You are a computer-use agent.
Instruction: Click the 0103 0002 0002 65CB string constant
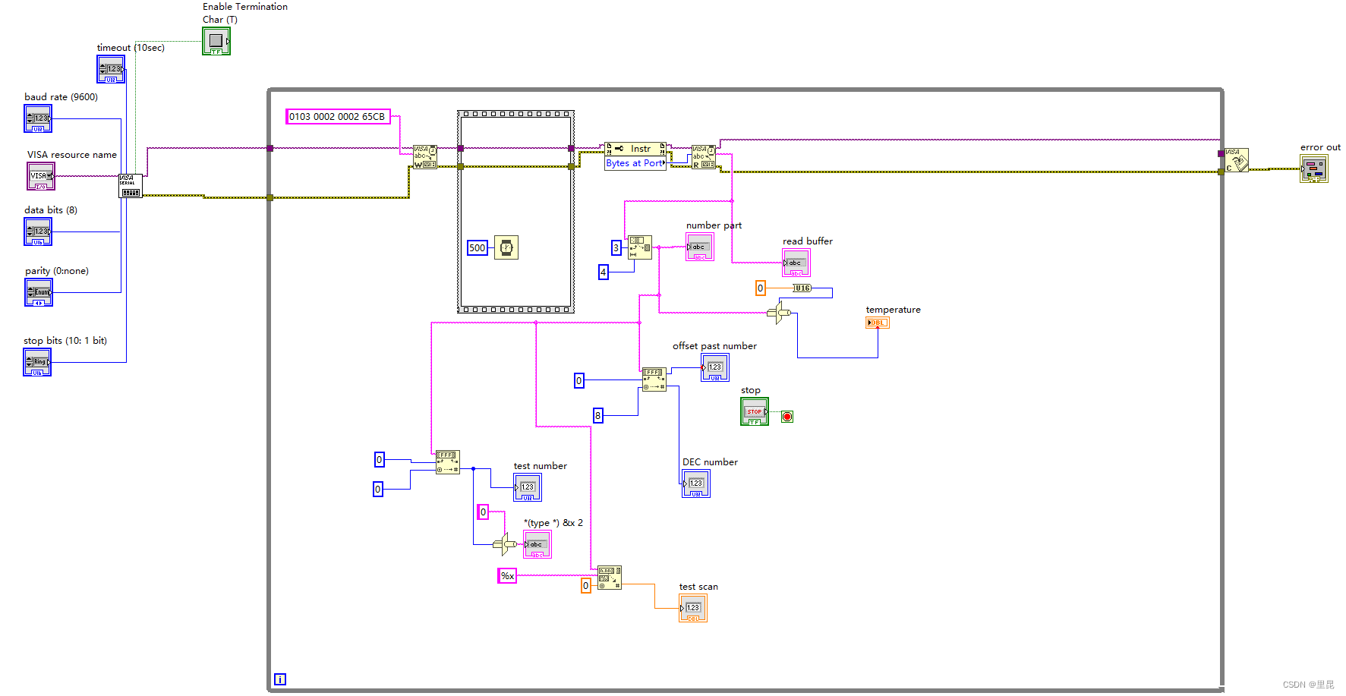pos(337,116)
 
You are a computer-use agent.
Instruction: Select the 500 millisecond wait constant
pos(477,248)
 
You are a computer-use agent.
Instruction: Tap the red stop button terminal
pos(787,417)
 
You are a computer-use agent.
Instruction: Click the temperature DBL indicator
pos(877,323)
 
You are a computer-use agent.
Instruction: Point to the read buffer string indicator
pos(796,263)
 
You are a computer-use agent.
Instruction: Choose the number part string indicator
pos(699,247)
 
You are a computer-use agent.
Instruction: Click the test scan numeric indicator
pos(692,608)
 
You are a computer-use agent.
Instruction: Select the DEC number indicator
pos(695,483)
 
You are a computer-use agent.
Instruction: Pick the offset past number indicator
pos(714,367)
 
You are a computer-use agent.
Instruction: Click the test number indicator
pos(527,487)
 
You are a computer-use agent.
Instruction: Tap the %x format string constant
pos(507,576)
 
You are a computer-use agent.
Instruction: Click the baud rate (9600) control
pos(38,119)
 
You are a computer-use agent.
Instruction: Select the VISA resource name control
pos(41,176)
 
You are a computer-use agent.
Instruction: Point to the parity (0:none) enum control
pos(39,292)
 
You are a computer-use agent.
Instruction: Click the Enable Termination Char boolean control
pos(216,41)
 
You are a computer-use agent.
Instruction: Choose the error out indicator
pos(1313,169)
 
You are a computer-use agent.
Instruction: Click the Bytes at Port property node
pos(635,163)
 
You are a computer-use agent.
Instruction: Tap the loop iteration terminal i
pos(280,679)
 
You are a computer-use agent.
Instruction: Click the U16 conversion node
pos(802,288)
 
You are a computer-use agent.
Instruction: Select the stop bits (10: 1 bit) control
pos(37,363)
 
